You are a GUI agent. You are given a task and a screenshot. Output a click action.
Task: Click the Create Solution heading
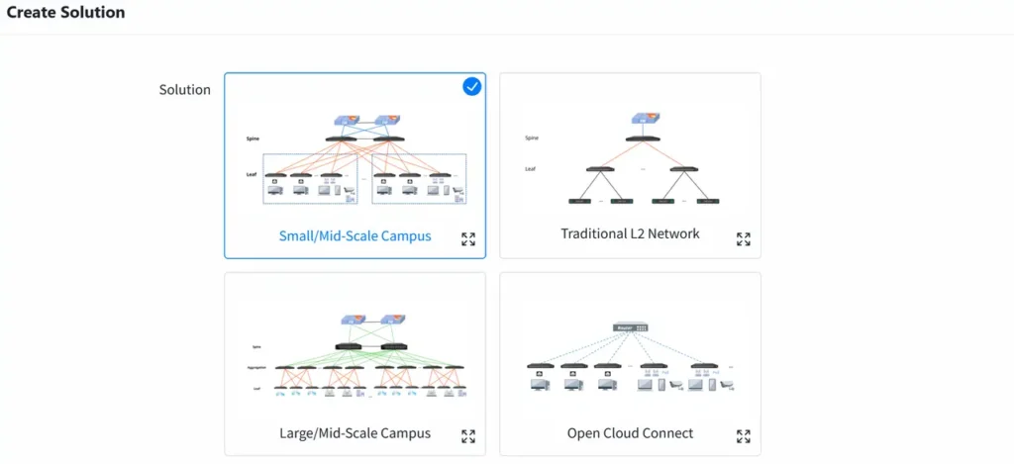66,13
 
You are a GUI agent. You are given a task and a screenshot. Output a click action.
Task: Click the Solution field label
184,90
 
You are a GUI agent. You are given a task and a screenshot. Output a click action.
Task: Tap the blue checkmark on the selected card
472,87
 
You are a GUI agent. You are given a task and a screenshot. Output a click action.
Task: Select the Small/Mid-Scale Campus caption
355,236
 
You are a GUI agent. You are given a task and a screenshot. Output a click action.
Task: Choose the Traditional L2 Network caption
630,233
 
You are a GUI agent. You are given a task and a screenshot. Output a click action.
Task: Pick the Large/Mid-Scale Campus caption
355,433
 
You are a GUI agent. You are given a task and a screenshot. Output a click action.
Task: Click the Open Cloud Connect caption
630,433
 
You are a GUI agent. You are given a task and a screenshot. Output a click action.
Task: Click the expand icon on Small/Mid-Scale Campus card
468,238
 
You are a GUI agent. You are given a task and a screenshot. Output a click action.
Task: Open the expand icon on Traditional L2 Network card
744,238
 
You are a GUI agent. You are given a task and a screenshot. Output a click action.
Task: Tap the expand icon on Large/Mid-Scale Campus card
468,436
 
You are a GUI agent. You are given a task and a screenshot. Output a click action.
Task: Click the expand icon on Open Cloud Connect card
744,436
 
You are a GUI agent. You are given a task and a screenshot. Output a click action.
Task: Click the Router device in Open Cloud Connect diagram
631,327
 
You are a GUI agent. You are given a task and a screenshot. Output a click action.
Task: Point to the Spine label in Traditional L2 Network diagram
532,138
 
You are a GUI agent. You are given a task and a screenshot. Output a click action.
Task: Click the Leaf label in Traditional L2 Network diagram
531,169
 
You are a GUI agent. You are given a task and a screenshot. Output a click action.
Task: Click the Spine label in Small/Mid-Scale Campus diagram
253,139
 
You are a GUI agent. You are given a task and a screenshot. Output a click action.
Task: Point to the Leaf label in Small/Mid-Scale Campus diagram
252,174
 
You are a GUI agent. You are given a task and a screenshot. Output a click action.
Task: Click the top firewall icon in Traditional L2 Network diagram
642,118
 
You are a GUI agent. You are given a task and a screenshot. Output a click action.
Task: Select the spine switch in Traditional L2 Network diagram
642,138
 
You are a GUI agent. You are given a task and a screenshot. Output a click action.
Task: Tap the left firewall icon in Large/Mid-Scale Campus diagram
349,320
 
